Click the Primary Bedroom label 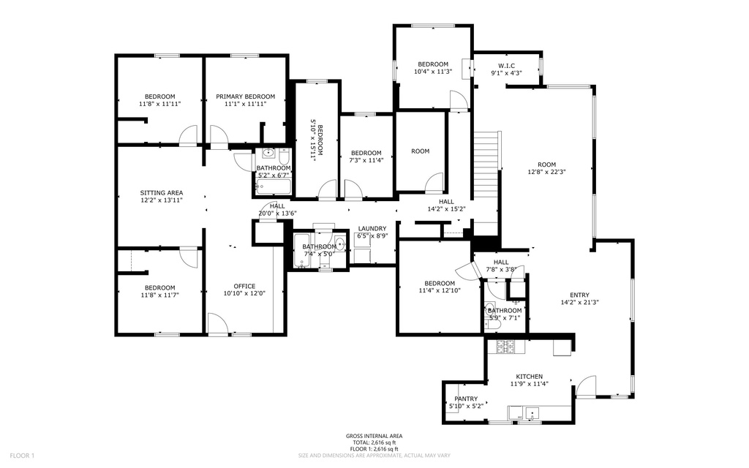[x=245, y=97]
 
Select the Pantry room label [x=465, y=399]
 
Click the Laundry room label [x=372, y=228]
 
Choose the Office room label [x=244, y=286]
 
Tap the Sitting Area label [x=161, y=193]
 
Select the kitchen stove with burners [x=505, y=347]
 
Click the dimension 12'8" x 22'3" [x=547, y=172]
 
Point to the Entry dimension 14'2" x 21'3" [x=579, y=302]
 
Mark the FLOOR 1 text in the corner [x=23, y=456]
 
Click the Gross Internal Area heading [x=374, y=436]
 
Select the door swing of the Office [x=217, y=323]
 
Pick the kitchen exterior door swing [x=587, y=387]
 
